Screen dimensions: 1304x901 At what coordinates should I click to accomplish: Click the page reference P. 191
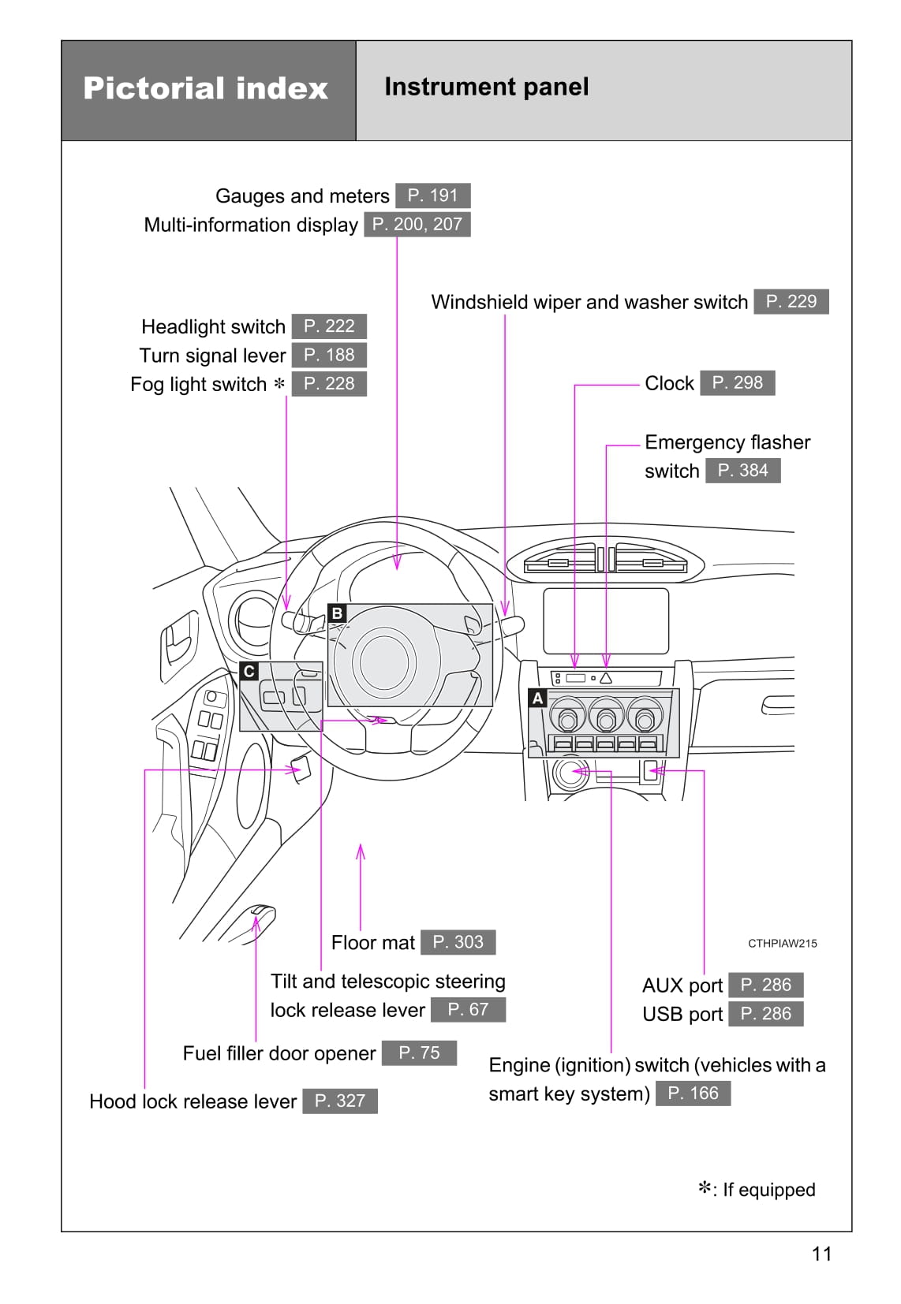pos(432,196)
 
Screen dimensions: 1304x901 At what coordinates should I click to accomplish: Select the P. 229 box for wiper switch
pos(791,301)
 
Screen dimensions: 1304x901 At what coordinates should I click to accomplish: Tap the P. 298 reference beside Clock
pos(737,382)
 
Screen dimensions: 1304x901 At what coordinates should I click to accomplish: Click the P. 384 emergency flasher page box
pos(742,471)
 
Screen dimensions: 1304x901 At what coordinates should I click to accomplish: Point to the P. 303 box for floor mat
pos(458,942)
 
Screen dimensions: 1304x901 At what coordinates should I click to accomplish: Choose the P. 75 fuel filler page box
pos(419,1053)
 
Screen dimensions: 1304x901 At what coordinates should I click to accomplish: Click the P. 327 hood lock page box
pos(339,1101)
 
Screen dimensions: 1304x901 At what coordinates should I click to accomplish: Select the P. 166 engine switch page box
pos(693,1093)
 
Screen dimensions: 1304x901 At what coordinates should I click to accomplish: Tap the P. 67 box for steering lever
pos(468,1009)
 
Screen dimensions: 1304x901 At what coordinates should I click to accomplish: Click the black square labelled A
pos(537,698)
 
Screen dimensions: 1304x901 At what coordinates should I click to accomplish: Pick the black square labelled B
pos(337,613)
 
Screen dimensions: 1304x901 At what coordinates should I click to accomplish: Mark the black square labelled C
pos(249,671)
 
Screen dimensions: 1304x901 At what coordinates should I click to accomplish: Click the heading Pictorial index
pos(205,88)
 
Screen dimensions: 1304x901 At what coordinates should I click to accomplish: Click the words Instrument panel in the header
pos(486,87)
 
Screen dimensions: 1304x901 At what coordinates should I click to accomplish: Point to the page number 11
pos(821,1254)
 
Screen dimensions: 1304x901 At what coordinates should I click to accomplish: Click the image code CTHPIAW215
pos(782,943)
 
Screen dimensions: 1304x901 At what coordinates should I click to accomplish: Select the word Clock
pos(669,383)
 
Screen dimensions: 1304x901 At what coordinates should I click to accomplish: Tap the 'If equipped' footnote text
pos(768,1190)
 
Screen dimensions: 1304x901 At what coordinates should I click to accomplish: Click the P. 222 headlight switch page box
pos(329,326)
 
